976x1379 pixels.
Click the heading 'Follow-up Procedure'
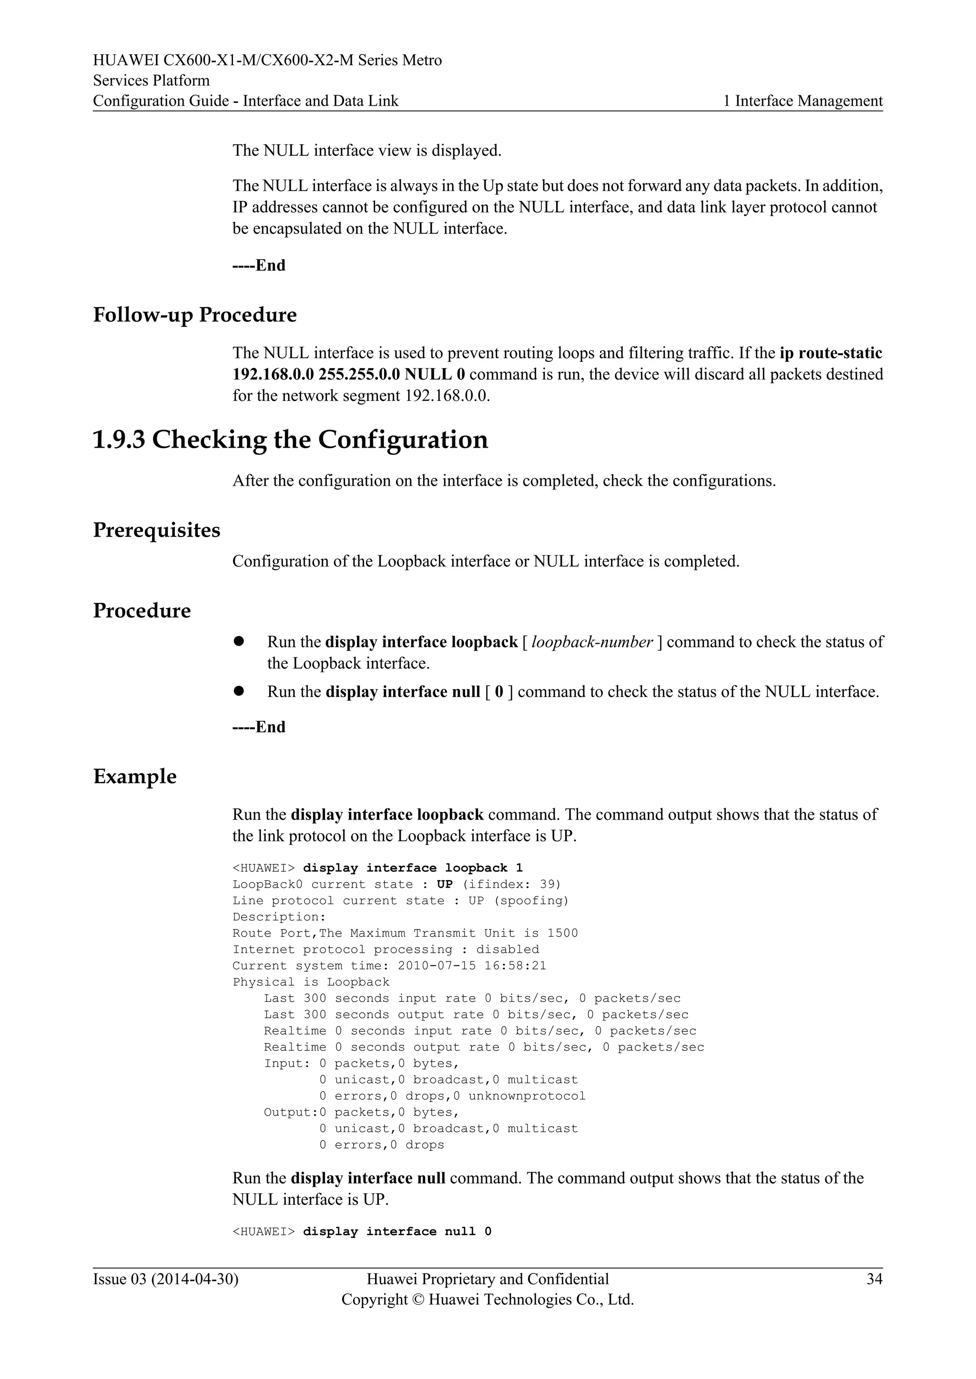pyautogui.click(x=195, y=315)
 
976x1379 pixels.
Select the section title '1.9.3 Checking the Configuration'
pyautogui.click(x=290, y=440)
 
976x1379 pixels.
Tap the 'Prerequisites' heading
pyautogui.click(x=156, y=530)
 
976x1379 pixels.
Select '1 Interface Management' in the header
pyautogui.click(x=803, y=101)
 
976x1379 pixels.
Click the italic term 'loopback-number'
pyautogui.click(x=592, y=642)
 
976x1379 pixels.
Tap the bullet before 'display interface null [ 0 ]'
pyautogui.click(x=239, y=691)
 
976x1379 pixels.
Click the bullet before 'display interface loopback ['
pyautogui.click(x=239, y=641)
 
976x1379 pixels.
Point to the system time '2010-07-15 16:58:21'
pyautogui.click(x=472, y=966)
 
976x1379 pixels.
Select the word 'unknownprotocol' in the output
pyautogui.click(x=527, y=1096)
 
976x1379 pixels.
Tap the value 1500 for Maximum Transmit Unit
pyautogui.click(x=562, y=933)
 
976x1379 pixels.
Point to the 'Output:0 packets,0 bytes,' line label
pyautogui.click(x=290, y=1112)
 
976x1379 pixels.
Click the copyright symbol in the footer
pyautogui.click(x=417, y=1300)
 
